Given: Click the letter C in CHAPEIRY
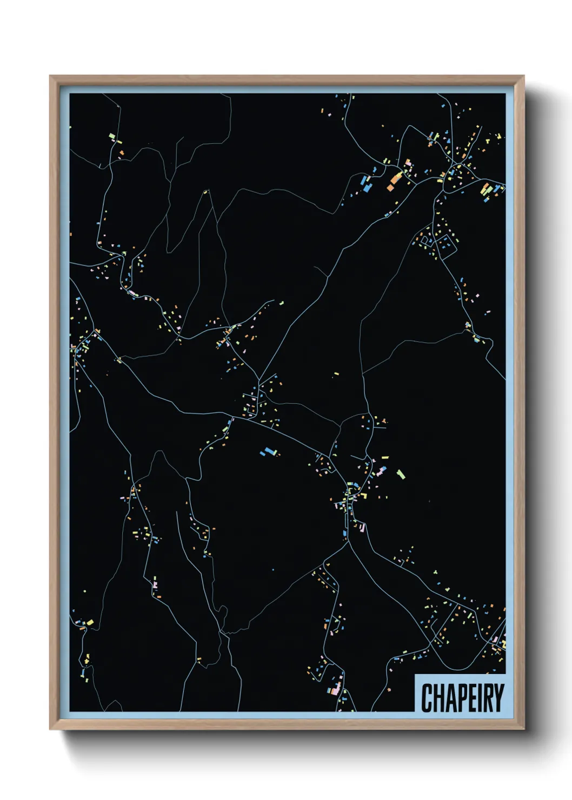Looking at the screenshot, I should coord(427,698).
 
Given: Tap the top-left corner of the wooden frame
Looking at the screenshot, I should coord(50,76).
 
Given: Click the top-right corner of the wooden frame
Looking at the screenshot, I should coord(523,76).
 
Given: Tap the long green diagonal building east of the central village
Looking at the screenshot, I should coord(401,474).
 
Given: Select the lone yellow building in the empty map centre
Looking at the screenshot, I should coord(336,374).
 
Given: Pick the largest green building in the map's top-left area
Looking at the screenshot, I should coord(112,136).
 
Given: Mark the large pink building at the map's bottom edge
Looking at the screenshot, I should coord(336,689).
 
